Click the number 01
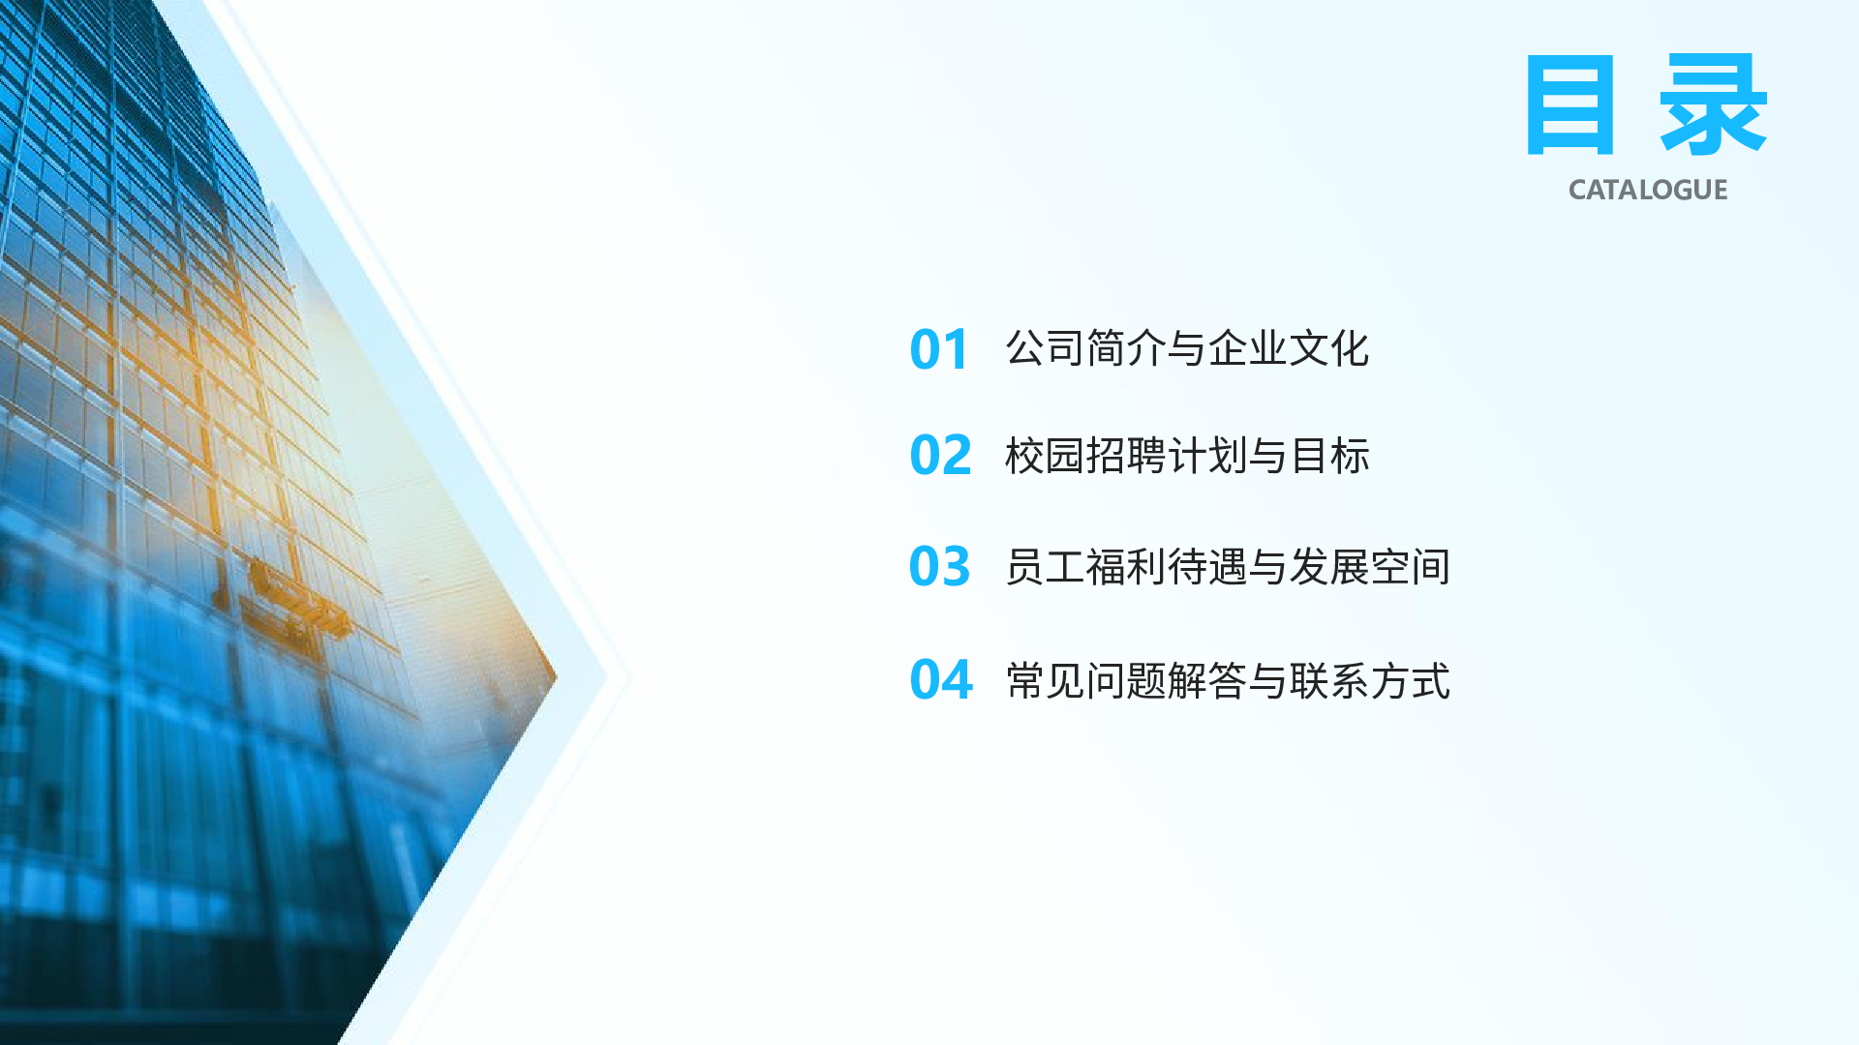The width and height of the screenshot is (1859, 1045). [x=938, y=349]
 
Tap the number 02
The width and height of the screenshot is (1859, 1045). [x=940, y=455]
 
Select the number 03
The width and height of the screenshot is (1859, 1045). [x=939, y=566]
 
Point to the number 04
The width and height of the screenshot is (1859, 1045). [x=941, y=679]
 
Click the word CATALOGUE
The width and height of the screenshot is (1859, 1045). [x=1648, y=190]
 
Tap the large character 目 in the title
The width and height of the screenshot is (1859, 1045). [x=1570, y=104]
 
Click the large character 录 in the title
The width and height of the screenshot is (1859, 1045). [x=1714, y=104]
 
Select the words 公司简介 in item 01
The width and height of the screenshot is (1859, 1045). [x=1085, y=348]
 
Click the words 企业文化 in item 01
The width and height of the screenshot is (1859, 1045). [x=1289, y=348]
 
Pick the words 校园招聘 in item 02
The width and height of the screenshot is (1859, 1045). [x=1085, y=456]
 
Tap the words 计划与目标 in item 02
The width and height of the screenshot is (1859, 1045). [x=1268, y=456]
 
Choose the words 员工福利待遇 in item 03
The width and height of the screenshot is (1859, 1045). [x=1126, y=567]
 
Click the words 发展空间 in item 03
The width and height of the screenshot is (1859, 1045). [x=1370, y=567]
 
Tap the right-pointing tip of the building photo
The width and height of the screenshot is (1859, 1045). [x=556, y=676]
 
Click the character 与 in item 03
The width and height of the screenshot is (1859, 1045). [x=1268, y=567]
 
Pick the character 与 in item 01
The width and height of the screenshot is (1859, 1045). [x=1187, y=348]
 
